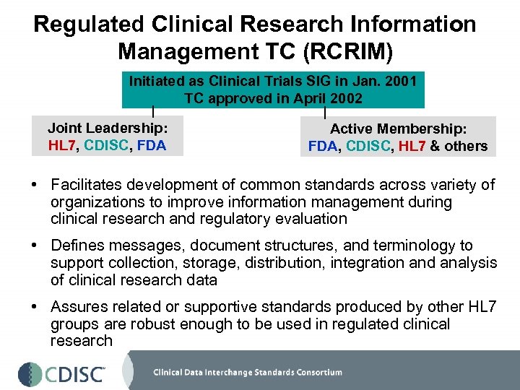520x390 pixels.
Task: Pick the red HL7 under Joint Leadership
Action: [x=63, y=145]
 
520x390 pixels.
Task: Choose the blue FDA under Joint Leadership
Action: [x=150, y=145]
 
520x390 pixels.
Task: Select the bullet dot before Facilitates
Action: [x=35, y=186]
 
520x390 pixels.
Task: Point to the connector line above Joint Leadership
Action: [x=152, y=112]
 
